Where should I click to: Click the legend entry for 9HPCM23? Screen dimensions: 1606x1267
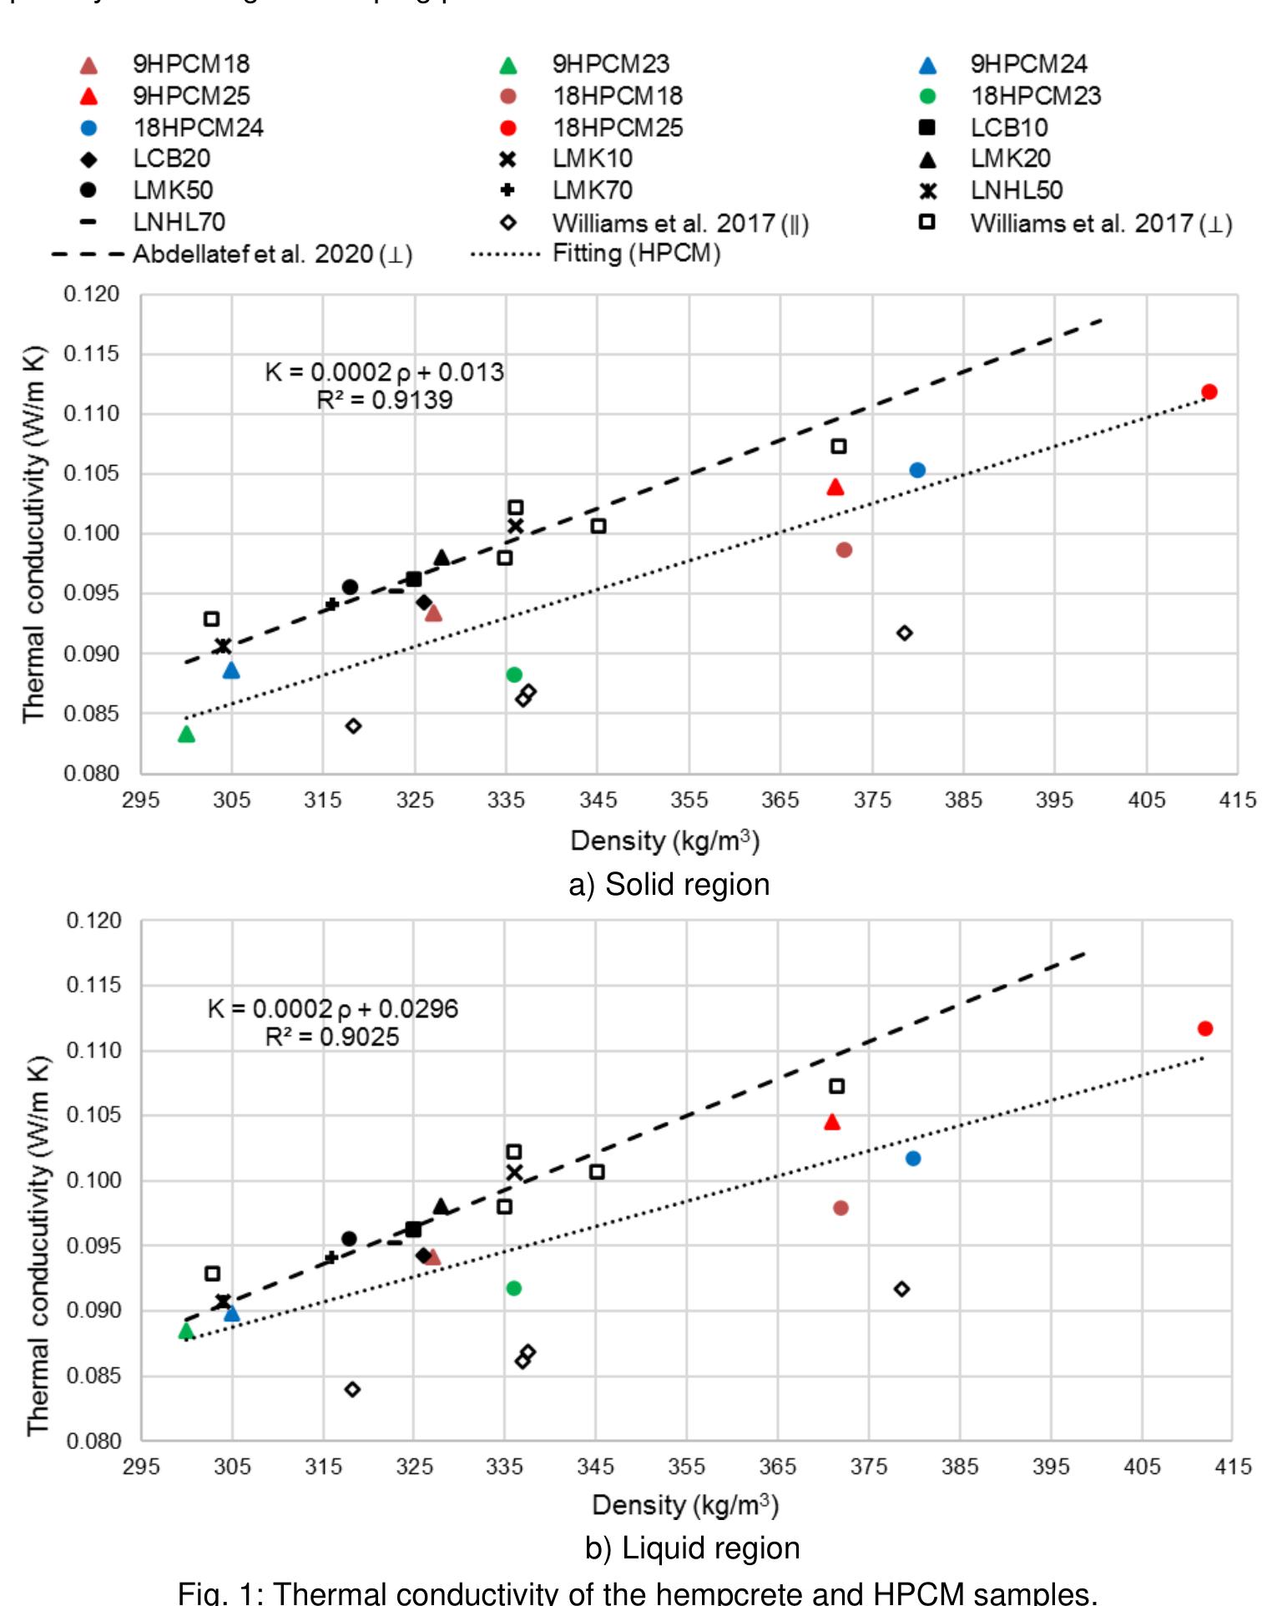point(610,64)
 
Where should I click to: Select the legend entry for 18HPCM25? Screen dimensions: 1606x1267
point(617,128)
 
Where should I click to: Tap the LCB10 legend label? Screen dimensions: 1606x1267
point(1008,128)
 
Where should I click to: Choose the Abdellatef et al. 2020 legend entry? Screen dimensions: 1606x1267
point(272,254)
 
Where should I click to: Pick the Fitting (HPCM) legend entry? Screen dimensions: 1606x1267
point(636,254)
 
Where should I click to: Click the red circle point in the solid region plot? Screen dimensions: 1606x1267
point(1209,391)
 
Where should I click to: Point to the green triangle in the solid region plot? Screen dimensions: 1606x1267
point(186,735)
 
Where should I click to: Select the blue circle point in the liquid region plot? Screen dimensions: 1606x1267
point(912,1159)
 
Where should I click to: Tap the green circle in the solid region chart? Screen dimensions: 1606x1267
point(514,674)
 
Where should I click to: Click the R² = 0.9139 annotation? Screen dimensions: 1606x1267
point(384,401)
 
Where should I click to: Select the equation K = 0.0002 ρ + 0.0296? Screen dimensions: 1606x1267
point(333,1008)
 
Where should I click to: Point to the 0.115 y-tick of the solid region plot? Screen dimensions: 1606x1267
point(92,354)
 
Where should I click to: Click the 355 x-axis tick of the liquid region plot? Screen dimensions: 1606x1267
point(686,1466)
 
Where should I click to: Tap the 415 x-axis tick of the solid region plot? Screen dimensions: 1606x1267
point(1237,800)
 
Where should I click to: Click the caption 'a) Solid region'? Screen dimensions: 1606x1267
point(669,885)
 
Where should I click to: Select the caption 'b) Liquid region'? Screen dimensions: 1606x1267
point(692,1548)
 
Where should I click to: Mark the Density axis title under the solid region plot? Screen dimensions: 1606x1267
point(664,841)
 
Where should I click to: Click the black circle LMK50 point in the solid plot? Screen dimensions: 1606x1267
point(350,587)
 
